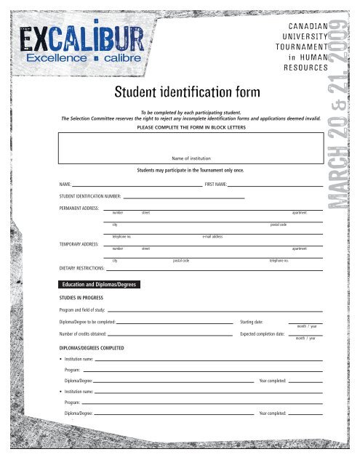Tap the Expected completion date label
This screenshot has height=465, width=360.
pos(265,334)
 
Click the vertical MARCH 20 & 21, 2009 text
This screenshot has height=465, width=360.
pos(340,116)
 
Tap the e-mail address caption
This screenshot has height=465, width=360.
pos(212,237)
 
